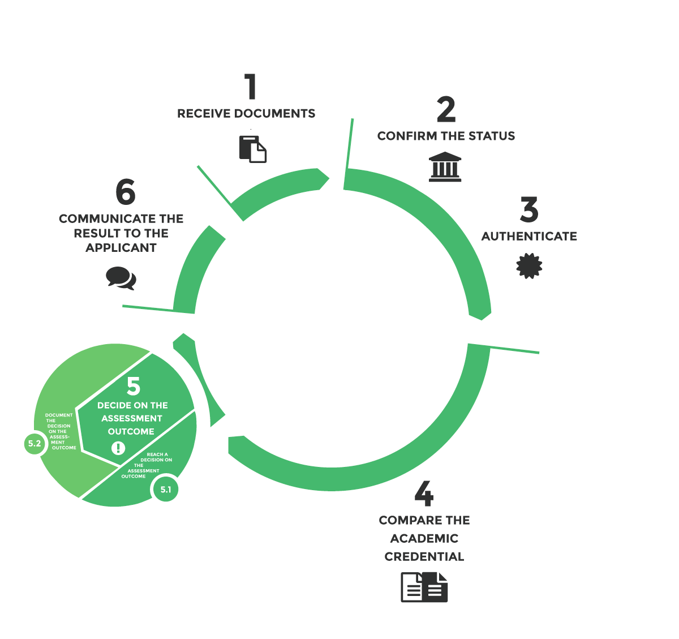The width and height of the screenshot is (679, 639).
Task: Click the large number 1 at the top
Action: click(x=251, y=87)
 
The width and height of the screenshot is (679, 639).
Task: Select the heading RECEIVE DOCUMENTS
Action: click(x=246, y=114)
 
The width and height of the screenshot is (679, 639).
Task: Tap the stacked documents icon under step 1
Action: click(x=253, y=149)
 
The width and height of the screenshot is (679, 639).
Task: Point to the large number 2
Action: click(x=446, y=109)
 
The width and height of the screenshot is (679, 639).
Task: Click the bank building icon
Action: click(x=445, y=166)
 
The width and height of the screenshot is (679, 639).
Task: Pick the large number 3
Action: click(x=529, y=209)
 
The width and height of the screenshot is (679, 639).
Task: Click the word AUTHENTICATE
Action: click(x=529, y=237)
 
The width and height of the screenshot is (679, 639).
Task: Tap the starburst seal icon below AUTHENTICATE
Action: click(x=529, y=266)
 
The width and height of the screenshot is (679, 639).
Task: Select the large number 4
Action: click(x=424, y=494)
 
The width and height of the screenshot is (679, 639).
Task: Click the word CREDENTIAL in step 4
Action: click(x=424, y=556)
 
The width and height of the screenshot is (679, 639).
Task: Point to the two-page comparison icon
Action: click(x=424, y=587)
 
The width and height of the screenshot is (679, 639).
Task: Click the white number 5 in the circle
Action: click(x=134, y=386)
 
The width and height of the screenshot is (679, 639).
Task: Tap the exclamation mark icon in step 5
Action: click(x=118, y=448)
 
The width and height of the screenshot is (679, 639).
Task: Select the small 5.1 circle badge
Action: click(x=166, y=490)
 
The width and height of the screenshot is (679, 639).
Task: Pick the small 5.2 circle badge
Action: click(x=35, y=444)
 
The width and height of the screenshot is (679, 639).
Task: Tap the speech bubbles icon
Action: click(x=121, y=278)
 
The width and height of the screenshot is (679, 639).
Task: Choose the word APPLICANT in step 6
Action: click(x=121, y=248)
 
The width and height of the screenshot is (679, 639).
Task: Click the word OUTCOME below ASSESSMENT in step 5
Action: click(x=131, y=431)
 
